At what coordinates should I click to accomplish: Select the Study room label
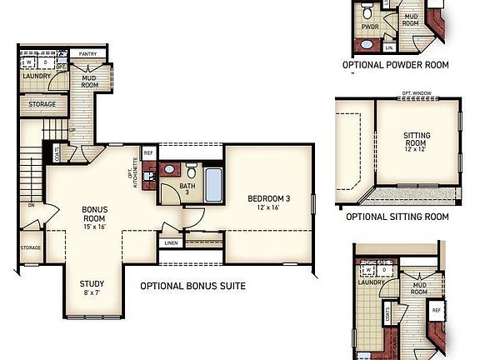(92, 287)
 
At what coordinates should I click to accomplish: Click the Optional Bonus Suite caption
(192, 287)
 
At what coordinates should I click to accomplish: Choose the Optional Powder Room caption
(395, 64)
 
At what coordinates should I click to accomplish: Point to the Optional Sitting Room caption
(397, 217)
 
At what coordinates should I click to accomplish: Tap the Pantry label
(87, 53)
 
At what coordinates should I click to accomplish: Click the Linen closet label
(171, 243)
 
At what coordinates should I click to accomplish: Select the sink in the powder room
(367, 44)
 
